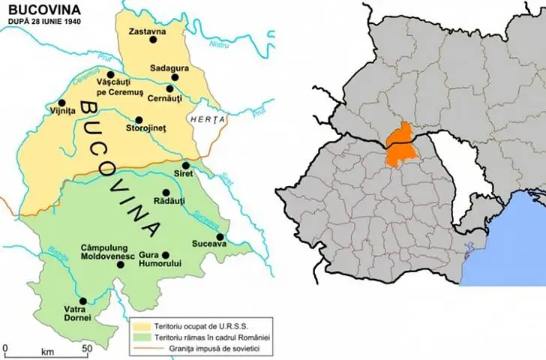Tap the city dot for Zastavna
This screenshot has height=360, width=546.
click(x=153, y=40)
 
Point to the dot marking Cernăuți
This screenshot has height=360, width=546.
click(x=171, y=88)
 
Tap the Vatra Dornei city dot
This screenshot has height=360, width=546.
click(x=83, y=301)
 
